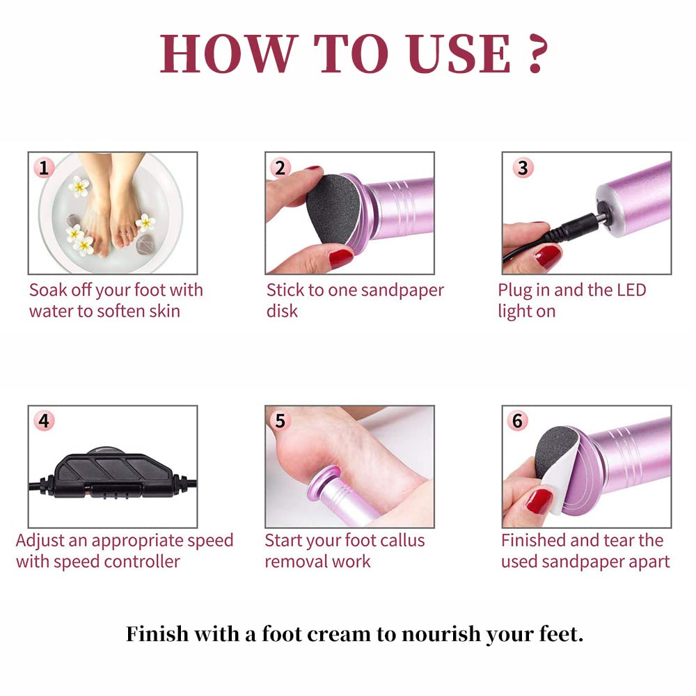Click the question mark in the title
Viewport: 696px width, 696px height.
(x=538, y=54)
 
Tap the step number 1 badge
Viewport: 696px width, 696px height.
(x=43, y=168)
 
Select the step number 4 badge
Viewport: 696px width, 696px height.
(x=43, y=421)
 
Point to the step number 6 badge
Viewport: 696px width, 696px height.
(x=518, y=421)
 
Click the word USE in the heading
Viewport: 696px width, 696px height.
(x=459, y=54)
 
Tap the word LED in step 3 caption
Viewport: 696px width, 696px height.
(x=632, y=290)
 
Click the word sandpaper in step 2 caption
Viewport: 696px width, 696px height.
(x=402, y=291)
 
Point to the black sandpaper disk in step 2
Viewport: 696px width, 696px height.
(x=333, y=209)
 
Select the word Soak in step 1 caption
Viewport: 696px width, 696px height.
(x=48, y=290)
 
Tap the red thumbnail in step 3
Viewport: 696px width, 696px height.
(x=548, y=257)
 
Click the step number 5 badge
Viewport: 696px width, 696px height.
(x=280, y=421)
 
